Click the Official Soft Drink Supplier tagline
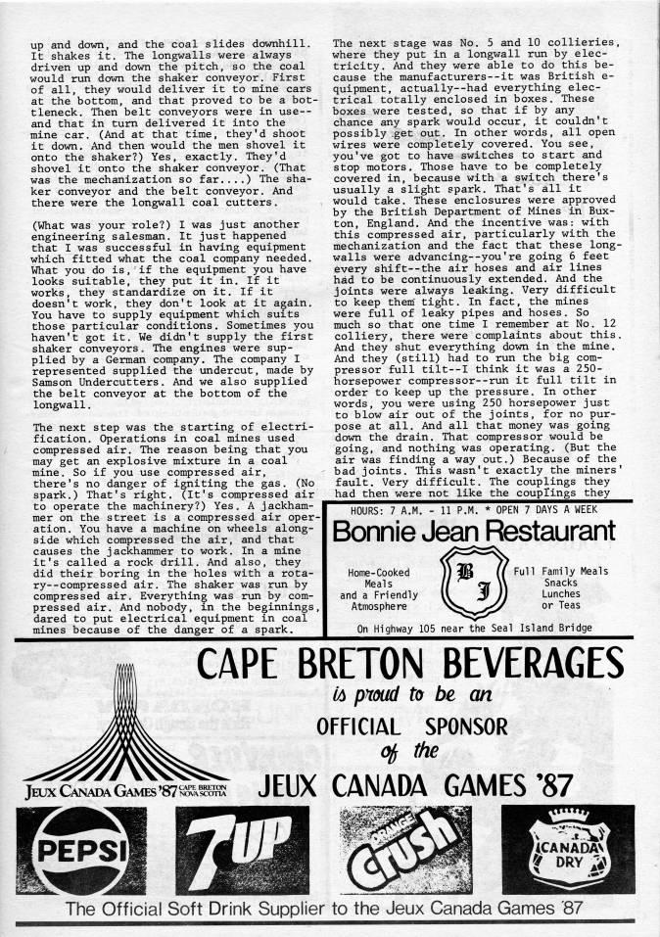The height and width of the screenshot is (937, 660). [323, 908]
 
